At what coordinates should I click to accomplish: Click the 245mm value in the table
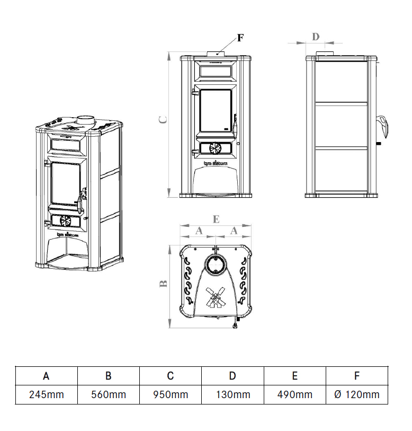click(x=46, y=394)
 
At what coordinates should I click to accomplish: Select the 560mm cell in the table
click(x=108, y=394)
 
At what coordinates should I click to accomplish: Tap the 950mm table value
click(x=171, y=394)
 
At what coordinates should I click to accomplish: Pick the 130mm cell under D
click(x=232, y=394)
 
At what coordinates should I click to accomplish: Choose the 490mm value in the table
click(x=295, y=394)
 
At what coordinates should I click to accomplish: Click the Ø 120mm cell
click(x=357, y=394)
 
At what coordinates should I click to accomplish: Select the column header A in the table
click(x=46, y=376)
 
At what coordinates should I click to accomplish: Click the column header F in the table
click(x=357, y=376)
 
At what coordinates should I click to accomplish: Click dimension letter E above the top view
click(x=215, y=218)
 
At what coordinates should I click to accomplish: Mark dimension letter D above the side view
click(x=316, y=37)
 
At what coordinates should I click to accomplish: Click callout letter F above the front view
click(x=240, y=38)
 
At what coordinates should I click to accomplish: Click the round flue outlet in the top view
click(x=216, y=263)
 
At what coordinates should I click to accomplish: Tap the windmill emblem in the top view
click(x=215, y=297)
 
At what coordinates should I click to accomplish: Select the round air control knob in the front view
click(x=215, y=148)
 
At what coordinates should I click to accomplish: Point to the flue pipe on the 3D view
click(x=85, y=119)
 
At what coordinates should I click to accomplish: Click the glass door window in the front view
click(x=215, y=111)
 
